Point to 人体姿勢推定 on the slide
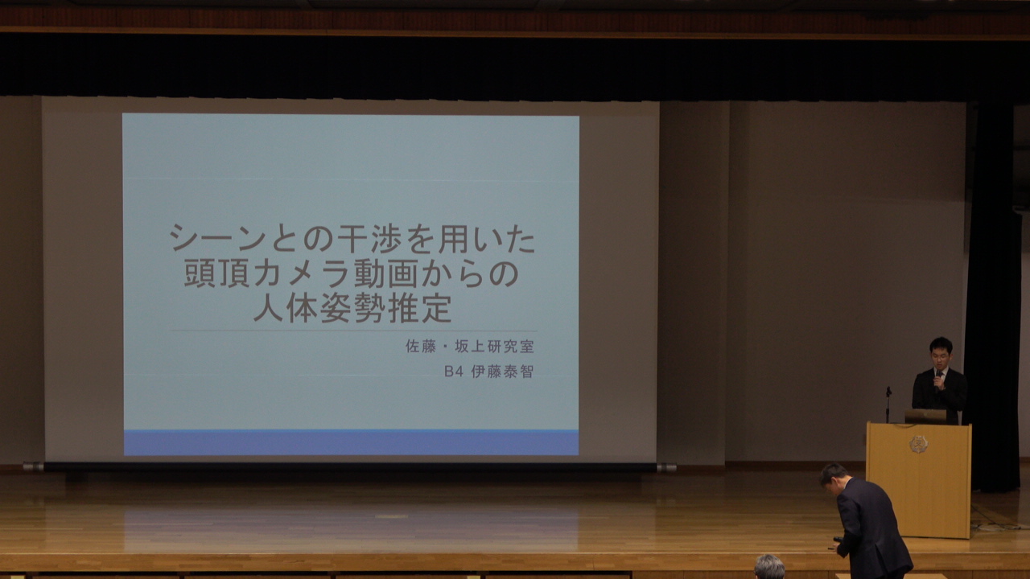pyautogui.click(x=352, y=308)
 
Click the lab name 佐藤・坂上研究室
pyautogui.click(x=469, y=347)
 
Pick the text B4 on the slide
pyautogui.click(x=453, y=372)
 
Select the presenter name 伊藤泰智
pyautogui.click(x=502, y=372)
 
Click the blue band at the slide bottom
pyautogui.click(x=352, y=442)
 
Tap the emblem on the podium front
pyautogui.click(x=918, y=444)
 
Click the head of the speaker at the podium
pyautogui.click(x=941, y=352)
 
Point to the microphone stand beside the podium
pyautogui.click(x=888, y=404)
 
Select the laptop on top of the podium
pyautogui.click(x=925, y=417)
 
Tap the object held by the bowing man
pyautogui.click(x=836, y=542)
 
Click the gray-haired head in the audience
pyautogui.click(x=769, y=567)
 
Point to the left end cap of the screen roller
pyautogui.click(x=33, y=467)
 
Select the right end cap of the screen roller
pyautogui.click(x=667, y=468)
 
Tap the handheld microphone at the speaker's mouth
pyautogui.click(x=938, y=377)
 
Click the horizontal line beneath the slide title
pyautogui.click(x=354, y=331)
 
